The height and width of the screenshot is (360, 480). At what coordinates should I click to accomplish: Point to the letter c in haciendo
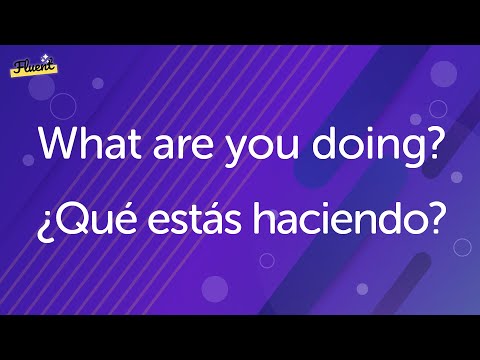click(x=307, y=226)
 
